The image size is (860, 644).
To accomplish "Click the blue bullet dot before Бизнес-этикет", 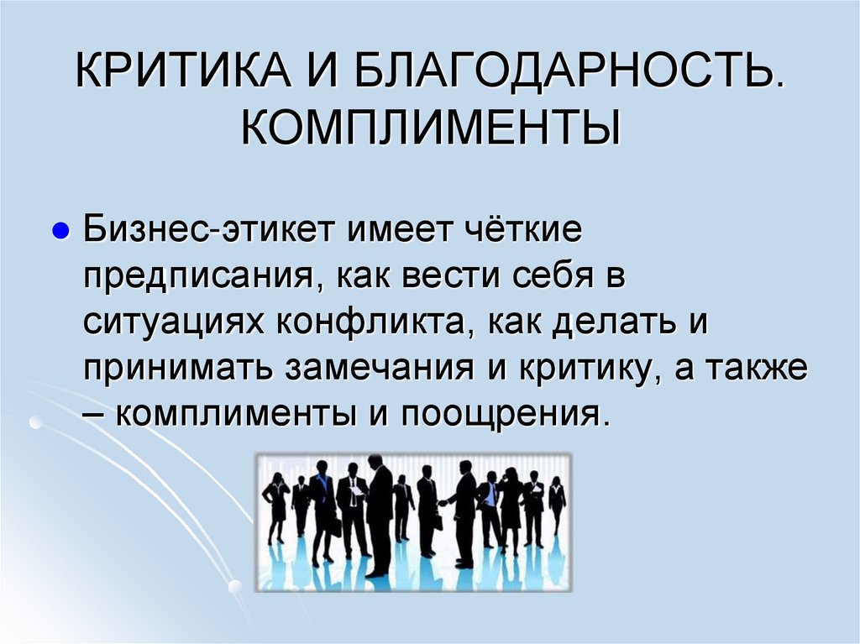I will coord(60,230).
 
